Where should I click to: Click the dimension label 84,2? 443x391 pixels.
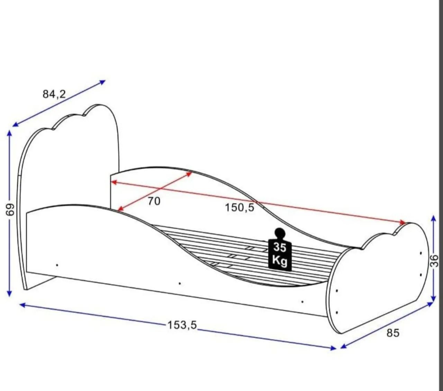coord(54,94)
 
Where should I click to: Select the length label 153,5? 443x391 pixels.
coord(182,325)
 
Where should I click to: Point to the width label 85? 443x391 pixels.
coord(393,333)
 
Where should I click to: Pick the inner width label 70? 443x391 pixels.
coord(154,201)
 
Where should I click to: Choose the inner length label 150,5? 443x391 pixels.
coord(239,207)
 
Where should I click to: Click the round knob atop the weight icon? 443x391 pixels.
coord(280,232)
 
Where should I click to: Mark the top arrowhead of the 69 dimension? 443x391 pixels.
coord(9,133)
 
